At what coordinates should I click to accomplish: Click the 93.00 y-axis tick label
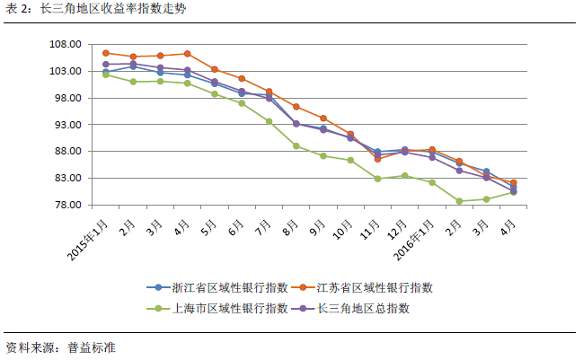66,125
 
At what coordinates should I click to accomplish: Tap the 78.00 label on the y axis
66,206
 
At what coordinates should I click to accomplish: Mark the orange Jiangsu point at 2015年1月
106,53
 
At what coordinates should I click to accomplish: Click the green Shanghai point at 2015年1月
106,75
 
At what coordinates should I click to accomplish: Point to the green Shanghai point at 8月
296,145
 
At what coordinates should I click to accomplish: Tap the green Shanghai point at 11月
377,179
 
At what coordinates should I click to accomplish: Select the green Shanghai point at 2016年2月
459,201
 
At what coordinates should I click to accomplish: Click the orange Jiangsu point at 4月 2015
187,54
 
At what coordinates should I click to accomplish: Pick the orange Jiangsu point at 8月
296,107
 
